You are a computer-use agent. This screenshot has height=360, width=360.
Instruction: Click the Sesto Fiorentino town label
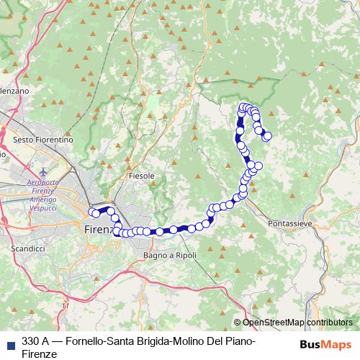(x=43, y=139)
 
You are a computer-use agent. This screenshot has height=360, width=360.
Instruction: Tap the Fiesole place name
(x=141, y=175)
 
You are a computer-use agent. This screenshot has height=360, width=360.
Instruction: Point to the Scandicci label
(x=29, y=248)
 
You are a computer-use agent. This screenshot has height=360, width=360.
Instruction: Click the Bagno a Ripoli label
(x=170, y=255)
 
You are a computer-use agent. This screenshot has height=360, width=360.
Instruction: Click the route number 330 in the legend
(x=31, y=341)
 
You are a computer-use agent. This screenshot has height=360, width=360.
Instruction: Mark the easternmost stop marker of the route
(x=268, y=136)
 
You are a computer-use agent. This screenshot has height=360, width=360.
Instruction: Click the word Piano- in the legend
(x=240, y=341)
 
